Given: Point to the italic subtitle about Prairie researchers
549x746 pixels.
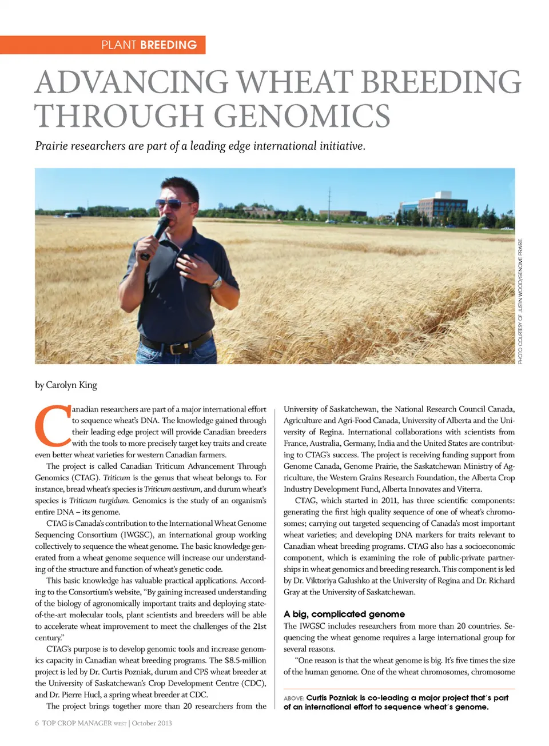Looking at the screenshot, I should point(200,146).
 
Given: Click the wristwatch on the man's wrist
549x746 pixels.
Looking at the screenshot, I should point(216,282).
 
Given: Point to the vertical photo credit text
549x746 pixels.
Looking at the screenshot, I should point(520,300).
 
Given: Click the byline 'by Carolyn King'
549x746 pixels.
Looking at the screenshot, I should point(66,385).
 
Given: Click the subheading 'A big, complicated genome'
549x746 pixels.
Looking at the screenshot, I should point(344,614).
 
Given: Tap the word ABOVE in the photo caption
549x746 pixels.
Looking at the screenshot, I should point(293,699).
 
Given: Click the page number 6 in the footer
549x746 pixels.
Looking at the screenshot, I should point(37,723).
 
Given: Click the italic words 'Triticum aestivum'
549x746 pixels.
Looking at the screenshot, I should point(173,489).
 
